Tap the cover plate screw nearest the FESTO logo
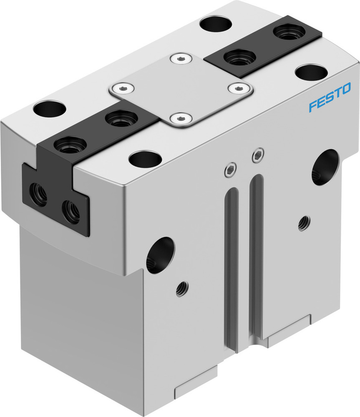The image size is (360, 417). coord(238,88)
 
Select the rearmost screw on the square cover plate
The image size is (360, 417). coord(180,59)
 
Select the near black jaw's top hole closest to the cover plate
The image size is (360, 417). coord(121,118)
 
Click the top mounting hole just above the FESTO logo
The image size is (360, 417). coord(311,72)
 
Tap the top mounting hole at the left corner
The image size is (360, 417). coord(50,109)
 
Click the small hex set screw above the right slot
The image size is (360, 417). coord(257,156)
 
